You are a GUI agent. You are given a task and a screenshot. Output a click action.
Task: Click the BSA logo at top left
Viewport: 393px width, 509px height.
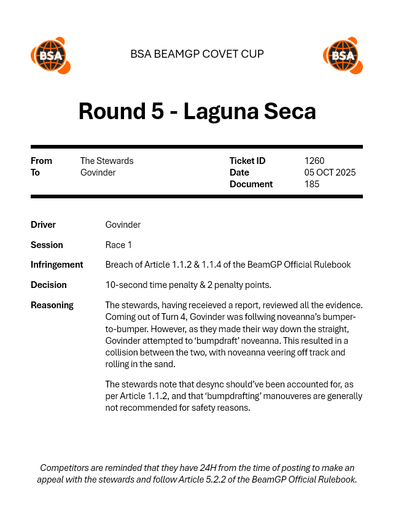50,55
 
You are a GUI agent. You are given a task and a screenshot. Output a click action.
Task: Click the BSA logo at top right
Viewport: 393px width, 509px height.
343,55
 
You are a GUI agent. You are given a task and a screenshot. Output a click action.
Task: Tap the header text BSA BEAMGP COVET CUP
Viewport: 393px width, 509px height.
197,54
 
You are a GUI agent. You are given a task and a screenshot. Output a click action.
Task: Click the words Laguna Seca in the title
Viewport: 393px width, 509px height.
250,111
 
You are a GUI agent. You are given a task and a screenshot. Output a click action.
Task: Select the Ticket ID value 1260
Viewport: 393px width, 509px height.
314,161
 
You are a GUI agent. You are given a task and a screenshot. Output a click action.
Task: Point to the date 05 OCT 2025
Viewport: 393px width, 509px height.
330,173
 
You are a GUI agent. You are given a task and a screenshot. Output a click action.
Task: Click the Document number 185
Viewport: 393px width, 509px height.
312,184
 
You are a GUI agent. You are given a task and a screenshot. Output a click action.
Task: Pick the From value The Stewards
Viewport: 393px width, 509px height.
107,161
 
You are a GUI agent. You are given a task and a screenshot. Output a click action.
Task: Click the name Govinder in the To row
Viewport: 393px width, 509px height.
98,173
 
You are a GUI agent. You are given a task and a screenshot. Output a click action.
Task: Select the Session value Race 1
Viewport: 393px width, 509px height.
119,245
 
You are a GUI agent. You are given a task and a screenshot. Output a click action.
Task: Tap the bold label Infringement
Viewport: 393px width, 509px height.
56,265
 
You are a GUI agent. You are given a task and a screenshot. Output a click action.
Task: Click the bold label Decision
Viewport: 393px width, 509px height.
49,285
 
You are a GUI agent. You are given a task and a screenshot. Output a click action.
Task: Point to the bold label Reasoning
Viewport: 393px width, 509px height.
52,305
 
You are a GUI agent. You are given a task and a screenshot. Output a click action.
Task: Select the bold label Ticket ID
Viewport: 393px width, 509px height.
247,161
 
